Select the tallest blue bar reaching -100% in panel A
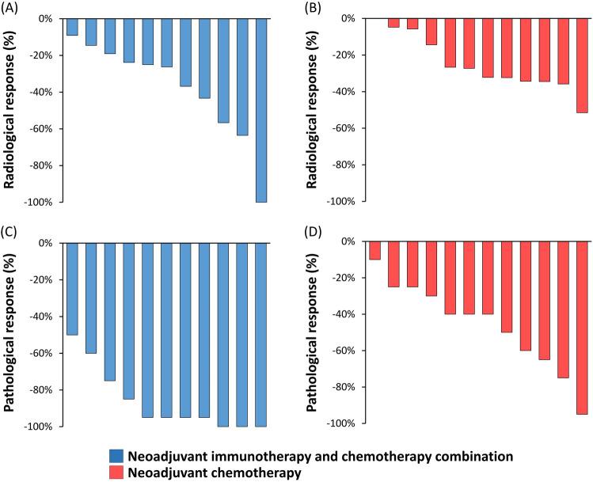(261, 110)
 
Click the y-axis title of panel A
(11, 110)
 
